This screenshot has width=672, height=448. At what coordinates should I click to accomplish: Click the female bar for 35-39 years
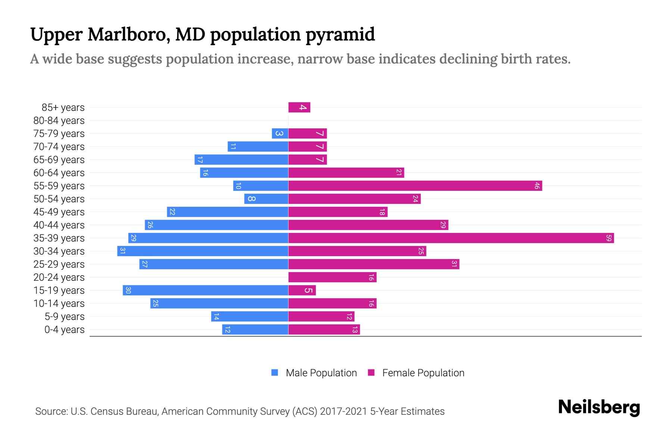(451, 238)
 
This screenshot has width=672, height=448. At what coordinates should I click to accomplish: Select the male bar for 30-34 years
(203, 251)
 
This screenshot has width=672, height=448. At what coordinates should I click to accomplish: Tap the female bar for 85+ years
(299, 108)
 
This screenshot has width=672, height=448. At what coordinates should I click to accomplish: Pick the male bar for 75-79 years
(280, 134)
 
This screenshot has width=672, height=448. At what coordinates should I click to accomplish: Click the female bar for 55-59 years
(415, 186)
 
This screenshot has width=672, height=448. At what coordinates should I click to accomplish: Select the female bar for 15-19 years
(302, 290)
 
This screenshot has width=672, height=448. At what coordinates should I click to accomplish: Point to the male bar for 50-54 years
(266, 199)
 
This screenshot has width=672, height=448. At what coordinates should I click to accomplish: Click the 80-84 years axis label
(59, 121)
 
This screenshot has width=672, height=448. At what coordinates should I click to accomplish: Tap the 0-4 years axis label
(64, 330)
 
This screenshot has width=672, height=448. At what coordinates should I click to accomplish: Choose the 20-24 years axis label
(59, 277)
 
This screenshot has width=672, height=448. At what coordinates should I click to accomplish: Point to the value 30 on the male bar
(128, 290)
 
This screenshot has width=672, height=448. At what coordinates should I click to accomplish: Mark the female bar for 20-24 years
(332, 277)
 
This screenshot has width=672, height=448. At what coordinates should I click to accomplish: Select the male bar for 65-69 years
(241, 160)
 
